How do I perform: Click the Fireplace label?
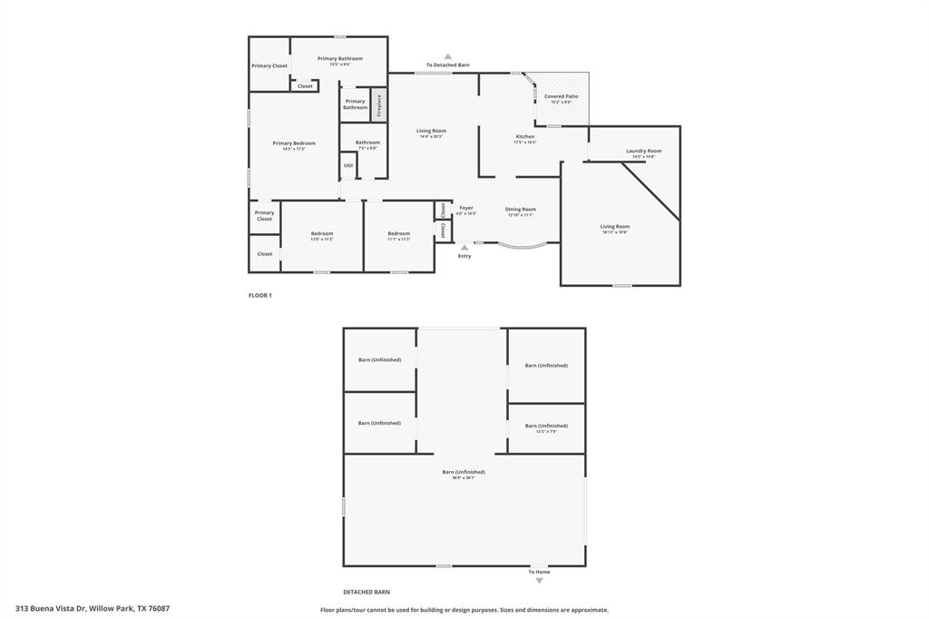click(379, 104)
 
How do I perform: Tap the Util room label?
click(348, 165)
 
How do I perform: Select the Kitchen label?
click(525, 137)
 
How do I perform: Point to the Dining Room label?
click(521, 210)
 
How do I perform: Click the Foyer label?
click(465, 208)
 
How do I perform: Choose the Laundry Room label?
click(643, 151)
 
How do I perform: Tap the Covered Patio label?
click(561, 96)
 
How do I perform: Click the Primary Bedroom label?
click(294, 143)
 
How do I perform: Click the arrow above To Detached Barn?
click(448, 56)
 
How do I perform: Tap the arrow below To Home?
click(539, 581)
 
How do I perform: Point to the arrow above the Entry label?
click(464, 246)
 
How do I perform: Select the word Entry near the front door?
click(464, 256)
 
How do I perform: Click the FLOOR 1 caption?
click(260, 295)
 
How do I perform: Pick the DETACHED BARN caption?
click(367, 591)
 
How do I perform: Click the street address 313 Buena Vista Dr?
click(51, 608)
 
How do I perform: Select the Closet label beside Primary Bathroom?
click(305, 86)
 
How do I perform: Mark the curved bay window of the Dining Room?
click(522, 245)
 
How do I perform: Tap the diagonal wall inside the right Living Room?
click(650, 191)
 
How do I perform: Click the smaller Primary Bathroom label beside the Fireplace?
click(355, 104)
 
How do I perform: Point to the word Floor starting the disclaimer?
click(328, 610)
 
